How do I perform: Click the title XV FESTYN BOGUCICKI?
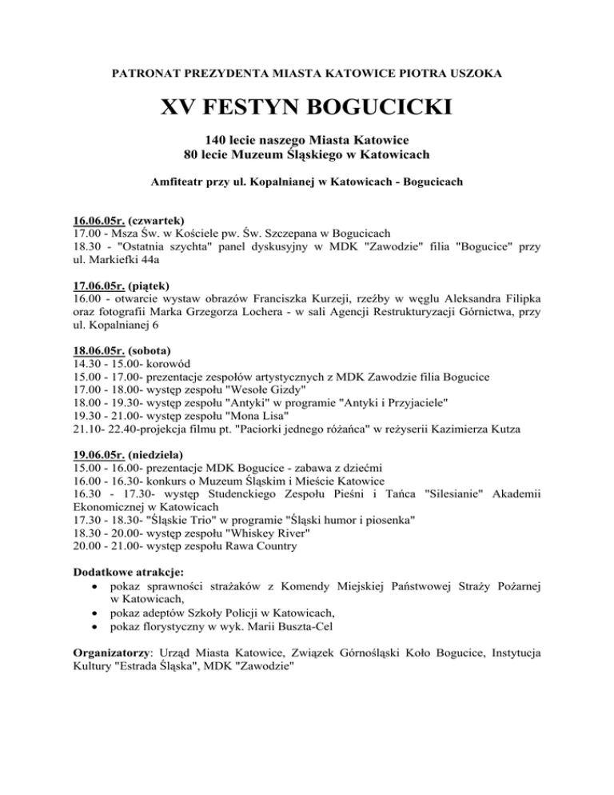307,107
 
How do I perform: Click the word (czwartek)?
157,219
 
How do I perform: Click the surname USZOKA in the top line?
475,74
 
